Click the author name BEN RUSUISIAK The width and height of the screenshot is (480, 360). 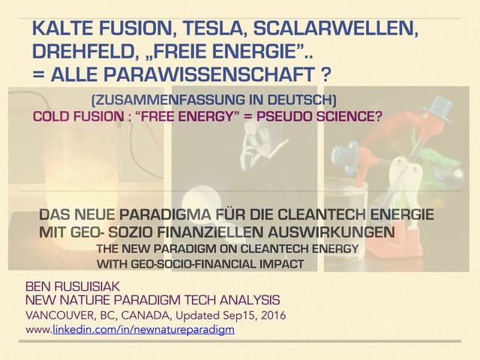coord(68,286)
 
